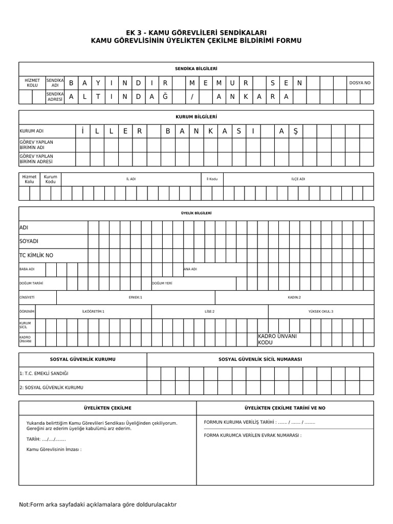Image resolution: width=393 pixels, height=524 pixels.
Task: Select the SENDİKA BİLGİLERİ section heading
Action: [196, 69]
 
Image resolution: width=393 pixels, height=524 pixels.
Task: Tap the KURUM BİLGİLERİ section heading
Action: [196, 117]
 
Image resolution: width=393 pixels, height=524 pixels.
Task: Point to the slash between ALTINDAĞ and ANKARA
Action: [192, 97]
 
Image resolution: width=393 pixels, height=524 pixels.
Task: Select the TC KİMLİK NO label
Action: [36, 255]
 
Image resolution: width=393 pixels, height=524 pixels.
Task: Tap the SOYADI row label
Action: [29, 241]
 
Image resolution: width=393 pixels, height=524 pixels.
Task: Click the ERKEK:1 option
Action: [136, 297]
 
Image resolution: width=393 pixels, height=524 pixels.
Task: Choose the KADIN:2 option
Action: [294, 297]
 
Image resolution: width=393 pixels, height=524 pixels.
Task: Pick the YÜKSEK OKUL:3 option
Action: [320, 311]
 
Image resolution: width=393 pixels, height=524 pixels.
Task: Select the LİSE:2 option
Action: [210, 311]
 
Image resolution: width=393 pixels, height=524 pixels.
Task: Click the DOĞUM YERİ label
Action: [162, 283]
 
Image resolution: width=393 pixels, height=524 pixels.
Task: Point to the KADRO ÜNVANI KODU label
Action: [277, 339]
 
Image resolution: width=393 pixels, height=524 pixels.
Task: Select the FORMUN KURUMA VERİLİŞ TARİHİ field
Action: [259, 422]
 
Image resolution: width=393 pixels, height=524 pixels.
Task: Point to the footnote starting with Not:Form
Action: [98, 505]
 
